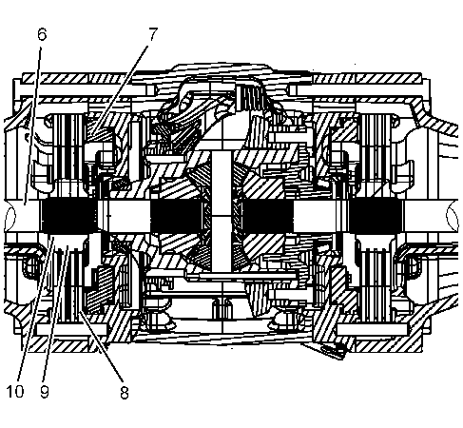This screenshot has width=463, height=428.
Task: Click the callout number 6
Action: coord(42,34)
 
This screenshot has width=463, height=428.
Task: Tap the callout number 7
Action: coord(153,34)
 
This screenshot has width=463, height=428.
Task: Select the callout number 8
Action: coord(125,393)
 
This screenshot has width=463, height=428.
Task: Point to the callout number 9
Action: coord(45,392)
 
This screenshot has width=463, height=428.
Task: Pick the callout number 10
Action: coord(15,392)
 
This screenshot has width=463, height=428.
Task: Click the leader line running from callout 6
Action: coord(32,126)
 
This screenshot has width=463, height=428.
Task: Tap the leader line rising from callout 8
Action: coord(101,346)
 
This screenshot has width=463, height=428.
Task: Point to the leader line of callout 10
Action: coord(36,308)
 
